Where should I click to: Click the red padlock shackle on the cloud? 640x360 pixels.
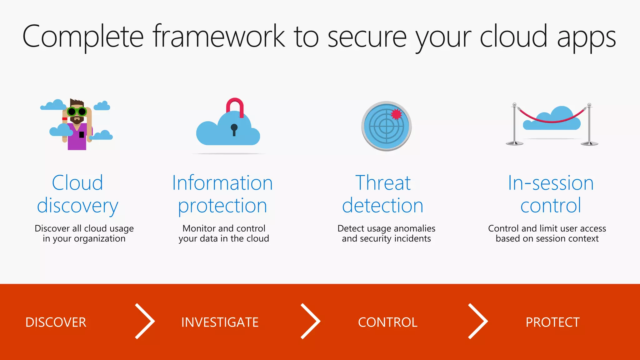point(235,105)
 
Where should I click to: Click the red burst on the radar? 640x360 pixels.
point(396,114)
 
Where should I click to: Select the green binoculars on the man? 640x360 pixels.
point(77,111)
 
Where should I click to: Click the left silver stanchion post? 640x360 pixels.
point(514,125)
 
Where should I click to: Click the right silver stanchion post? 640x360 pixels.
point(589,125)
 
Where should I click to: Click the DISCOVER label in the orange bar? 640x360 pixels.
point(56,322)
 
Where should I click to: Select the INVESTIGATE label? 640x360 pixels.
point(220,322)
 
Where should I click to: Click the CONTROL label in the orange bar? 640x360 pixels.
point(387,322)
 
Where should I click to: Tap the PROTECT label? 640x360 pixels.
point(552,322)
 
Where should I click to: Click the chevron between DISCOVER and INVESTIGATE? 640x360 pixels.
point(145,321)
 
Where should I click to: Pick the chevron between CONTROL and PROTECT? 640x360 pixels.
point(478,321)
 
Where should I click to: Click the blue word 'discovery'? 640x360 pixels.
point(77,206)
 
